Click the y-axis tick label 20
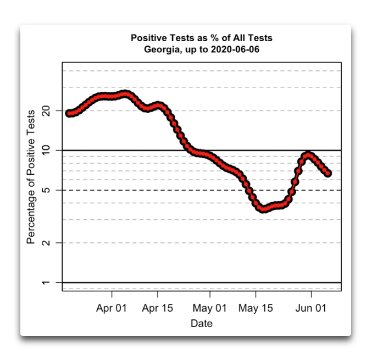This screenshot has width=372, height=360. (46, 110)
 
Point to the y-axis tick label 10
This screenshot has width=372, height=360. (46, 150)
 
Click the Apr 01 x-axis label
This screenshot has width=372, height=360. (112, 308)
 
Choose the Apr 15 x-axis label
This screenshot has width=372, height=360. (158, 308)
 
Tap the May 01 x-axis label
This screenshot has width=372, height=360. (210, 308)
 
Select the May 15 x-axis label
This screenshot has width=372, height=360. (256, 308)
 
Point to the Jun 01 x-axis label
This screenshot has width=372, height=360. (311, 308)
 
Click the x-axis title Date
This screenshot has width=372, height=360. (202, 323)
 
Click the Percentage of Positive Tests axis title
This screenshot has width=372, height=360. (31, 177)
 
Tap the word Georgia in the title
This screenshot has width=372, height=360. (162, 49)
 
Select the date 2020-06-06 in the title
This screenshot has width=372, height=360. (235, 49)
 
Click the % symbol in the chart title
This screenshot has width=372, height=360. (215, 38)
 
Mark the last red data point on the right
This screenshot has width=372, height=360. (328, 173)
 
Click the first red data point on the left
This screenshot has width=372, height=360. (69, 113)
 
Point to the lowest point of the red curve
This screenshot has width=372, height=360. (263, 209)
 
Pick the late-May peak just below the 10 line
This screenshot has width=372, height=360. (308, 156)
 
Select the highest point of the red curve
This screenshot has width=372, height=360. (125, 94)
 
